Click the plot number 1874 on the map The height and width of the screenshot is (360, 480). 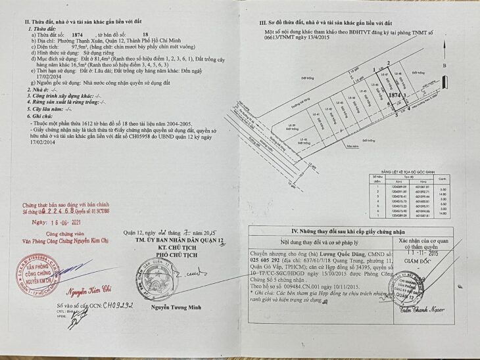[x=395, y=95]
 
